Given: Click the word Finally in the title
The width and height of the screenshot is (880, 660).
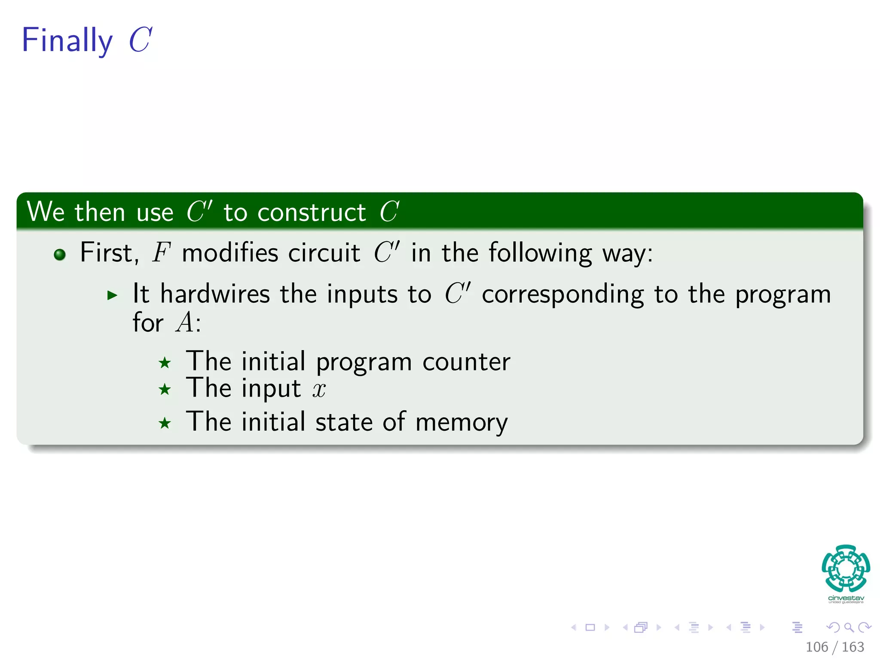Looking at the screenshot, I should pos(67,40).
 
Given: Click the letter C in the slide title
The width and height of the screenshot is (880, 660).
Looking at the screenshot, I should pos(140,40).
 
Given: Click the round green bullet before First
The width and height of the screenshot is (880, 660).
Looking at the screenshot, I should pos(60,254).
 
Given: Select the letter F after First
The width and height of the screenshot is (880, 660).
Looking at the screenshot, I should pos(161,253).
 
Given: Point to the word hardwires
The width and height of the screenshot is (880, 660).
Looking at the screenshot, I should pos(215,294).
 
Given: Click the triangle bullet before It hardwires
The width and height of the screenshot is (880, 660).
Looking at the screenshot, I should pos(112,295).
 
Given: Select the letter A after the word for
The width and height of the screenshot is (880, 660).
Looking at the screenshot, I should pos(185,323).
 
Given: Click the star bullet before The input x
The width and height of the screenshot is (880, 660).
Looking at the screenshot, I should pos(165,390).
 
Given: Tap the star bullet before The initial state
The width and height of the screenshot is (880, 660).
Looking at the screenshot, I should pos(165,424).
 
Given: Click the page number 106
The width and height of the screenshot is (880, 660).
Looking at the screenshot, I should pos(816,647).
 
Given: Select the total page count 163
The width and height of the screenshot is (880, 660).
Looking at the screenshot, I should pos(853,647).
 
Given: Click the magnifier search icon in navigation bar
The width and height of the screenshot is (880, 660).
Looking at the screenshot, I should pos(849,627).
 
